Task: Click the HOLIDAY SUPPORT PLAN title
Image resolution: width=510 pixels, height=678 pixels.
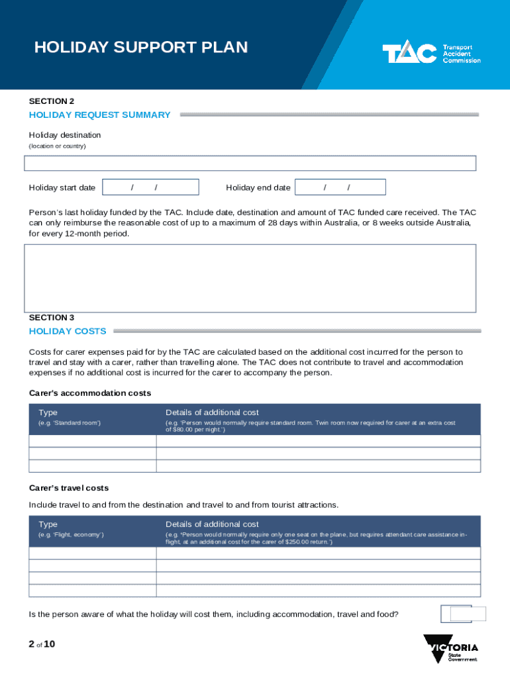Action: pyautogui.click(x=141, y=48)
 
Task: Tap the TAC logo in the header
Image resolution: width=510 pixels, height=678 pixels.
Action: pyautogui.click(x=431, y=54)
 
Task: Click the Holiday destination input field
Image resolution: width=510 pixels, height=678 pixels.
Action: pyautogui.click(x=250, y=164)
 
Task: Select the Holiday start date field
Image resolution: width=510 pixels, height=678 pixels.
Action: pyautogui.click(x=151, y=187)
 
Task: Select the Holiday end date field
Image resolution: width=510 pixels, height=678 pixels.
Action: pyautogui.click(x=340, y=187)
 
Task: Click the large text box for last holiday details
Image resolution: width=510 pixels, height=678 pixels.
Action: pyautogui.click(x=250, y=278)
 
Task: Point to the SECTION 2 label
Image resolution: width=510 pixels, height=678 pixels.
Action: pyautogui.click(x=52, y=101)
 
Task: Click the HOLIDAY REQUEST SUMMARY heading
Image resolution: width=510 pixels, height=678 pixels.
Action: pyautogui.click(x=100, y=115)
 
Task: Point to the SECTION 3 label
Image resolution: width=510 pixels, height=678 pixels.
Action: pyautogui.click(x=52, y=317)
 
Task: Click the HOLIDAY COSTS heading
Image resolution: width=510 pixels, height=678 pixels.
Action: pyautogui.click(x=68, y=331)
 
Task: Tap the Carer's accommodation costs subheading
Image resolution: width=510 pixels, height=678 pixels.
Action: pyautogui.click(x=90, y=393)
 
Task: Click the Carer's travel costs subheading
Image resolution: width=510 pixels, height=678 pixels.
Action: pyautogui.click(x=69, y=488)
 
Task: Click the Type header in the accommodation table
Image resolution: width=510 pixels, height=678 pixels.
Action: pyautogui.click(x=48, y=412)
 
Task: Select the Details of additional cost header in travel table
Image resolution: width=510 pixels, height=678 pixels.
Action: pyautogui.click(x=212, y=524)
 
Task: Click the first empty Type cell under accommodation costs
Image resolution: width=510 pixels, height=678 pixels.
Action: pyautogui.click(x=93, y=442)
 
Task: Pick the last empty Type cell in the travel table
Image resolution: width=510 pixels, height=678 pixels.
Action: pyautogui.click(x=93, y=591)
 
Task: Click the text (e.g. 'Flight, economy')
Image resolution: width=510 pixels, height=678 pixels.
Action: pyautogui.click(x=71, y=534)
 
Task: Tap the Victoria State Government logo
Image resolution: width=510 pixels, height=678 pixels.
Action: pyautogui.click(x=450, y=648)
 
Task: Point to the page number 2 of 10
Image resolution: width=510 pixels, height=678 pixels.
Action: pyautogui.click(x=42, y=643)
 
